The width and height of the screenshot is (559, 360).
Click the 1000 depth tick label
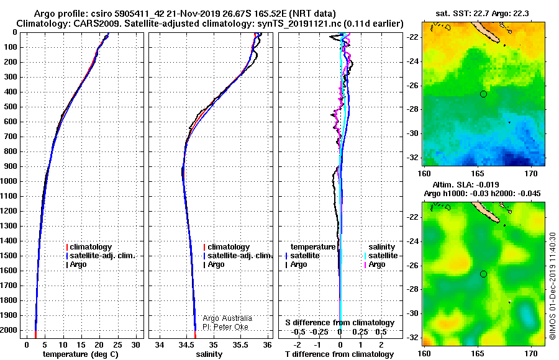tap(9, 181)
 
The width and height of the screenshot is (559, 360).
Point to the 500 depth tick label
tap(11, 107)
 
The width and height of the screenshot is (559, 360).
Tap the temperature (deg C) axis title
tap(81, 354)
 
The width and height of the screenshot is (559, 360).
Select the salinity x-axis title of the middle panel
tap(209, 354)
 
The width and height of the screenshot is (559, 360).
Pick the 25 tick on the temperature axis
tap(117, 345)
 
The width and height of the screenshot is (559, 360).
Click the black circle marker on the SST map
tap(483, 94)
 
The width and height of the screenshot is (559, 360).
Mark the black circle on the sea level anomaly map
tap(483, 274)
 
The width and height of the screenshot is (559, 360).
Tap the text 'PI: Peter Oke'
tap(225, 327)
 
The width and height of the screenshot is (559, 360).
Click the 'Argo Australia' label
tap(227, 318)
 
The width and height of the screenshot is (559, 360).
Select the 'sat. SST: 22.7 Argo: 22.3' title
tap(482, 14)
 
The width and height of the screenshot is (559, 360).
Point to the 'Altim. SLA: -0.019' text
tap(466, 184)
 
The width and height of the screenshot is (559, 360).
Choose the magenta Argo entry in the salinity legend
tap(374, 264)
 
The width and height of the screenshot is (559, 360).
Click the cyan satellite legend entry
tap(381, 256)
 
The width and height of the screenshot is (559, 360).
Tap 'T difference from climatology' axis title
tap(339, 354)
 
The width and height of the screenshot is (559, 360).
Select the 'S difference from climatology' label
tap(340, 323)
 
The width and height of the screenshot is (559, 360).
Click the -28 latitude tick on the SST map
tap(412, 109)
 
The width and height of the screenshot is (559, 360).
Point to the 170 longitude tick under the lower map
tap(531, 353)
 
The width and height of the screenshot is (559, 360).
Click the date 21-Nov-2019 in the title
tap(191, 14)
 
